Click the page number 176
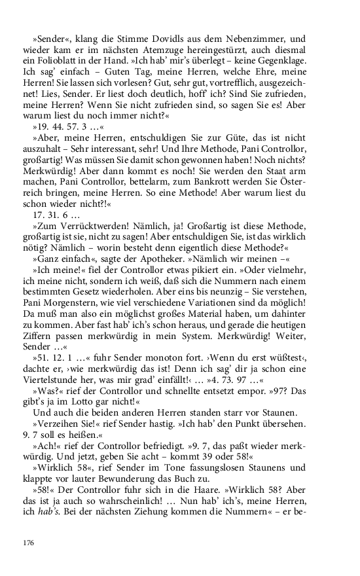coord(27,543)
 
